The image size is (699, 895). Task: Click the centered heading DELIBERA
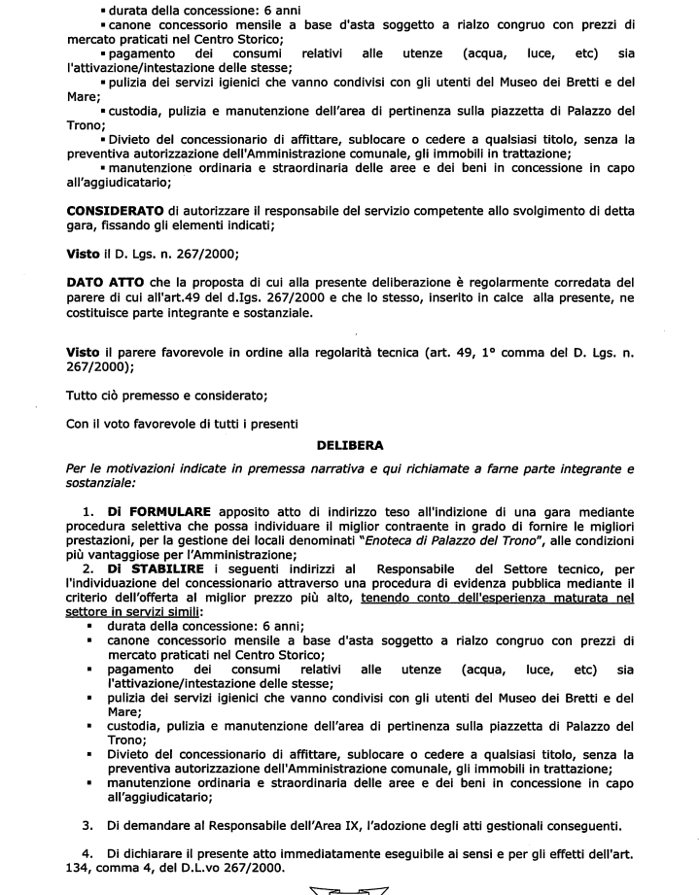tap(350, 444)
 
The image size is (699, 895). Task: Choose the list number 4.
tap(87, 852)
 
